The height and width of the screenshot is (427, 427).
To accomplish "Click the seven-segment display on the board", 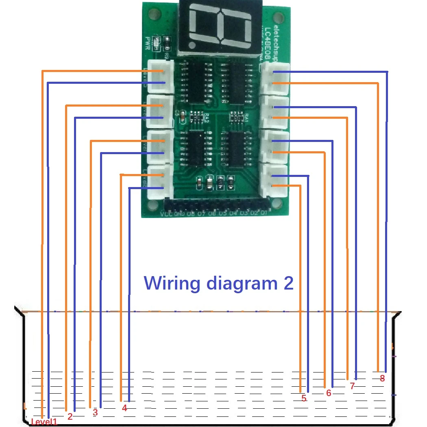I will point(220,26).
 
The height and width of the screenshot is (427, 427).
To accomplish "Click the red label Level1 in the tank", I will point(44,422).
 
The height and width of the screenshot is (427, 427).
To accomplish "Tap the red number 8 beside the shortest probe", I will point(382,378).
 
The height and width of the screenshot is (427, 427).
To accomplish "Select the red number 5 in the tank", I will point(304,399).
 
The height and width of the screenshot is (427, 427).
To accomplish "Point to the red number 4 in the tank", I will point(124,408).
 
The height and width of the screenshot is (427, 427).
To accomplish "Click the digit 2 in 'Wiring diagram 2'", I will point(288,283).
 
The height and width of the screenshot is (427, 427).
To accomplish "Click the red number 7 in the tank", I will point(352,386).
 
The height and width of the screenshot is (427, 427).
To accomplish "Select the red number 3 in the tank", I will point(95,412).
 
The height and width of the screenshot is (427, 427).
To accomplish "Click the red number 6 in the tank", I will point(329,393).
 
